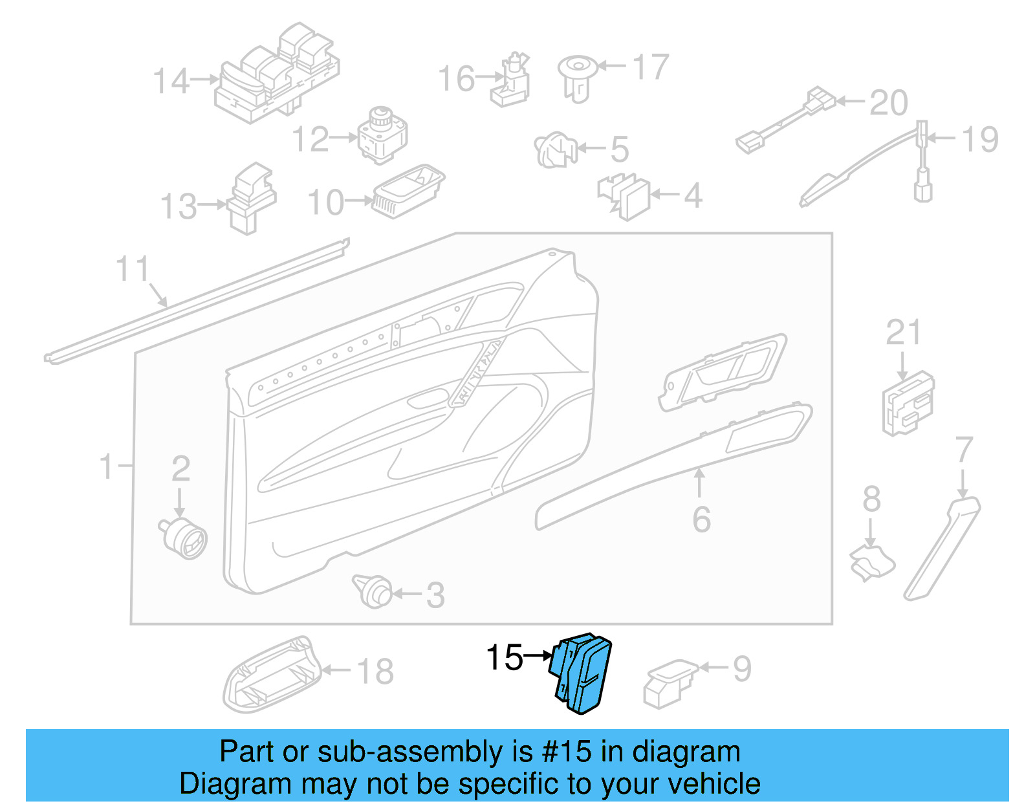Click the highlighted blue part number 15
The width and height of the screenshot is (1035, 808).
(580, 673)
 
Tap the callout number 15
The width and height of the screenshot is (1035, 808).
(504, 658)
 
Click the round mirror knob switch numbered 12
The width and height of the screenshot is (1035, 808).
(382, 135)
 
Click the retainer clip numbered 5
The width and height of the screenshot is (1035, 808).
(555, 150)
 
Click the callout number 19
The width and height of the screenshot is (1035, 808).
(980, 139)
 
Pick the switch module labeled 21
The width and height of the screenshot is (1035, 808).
(908, 402)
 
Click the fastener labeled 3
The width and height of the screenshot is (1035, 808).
(373, 591)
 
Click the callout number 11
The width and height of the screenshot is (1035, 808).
(133, 269)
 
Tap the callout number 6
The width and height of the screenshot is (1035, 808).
(701, 519)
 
